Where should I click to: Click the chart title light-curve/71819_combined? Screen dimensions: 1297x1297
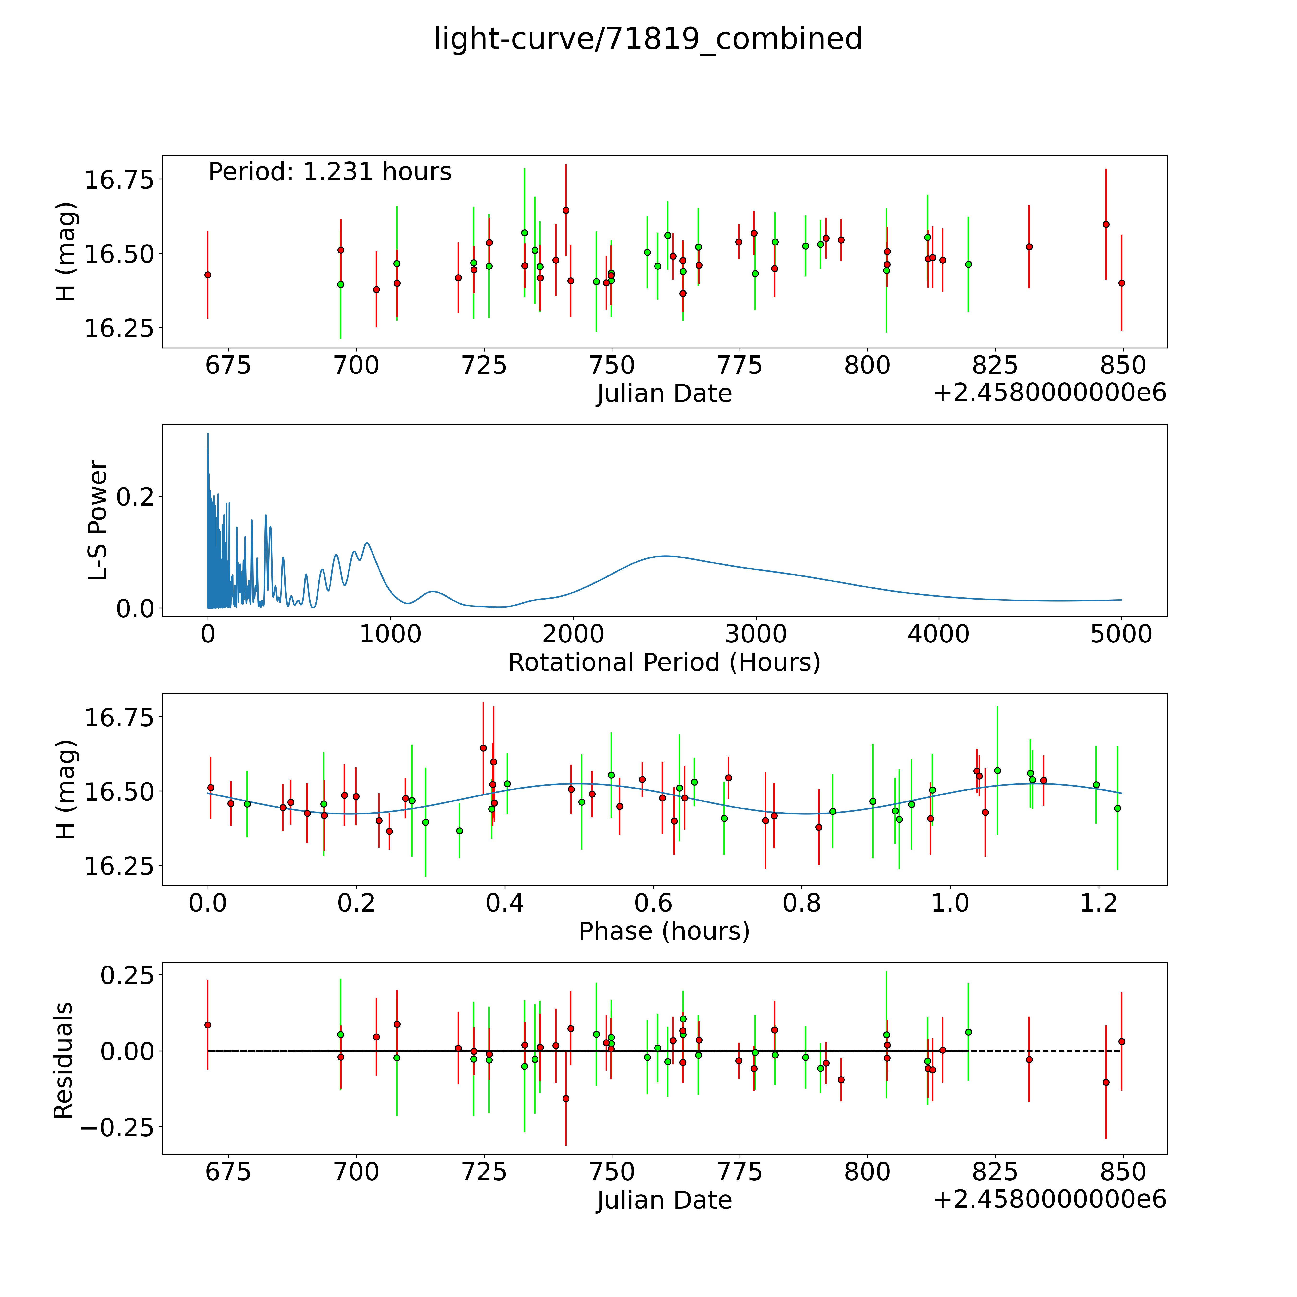(648, 39)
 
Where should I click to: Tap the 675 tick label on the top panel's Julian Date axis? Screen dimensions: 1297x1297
(228, 366)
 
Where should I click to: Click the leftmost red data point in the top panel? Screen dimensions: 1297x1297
(208, 275)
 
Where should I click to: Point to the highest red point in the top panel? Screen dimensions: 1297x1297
(566, 210)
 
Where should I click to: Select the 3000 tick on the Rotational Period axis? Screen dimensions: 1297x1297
(756, 634)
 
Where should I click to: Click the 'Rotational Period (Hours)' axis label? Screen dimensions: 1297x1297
(664, 663)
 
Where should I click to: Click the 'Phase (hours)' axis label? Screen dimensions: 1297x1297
(664, 931)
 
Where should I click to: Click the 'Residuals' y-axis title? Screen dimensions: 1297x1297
(63, 1061)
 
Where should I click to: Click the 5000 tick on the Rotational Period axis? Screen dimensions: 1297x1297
(1121, 634)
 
